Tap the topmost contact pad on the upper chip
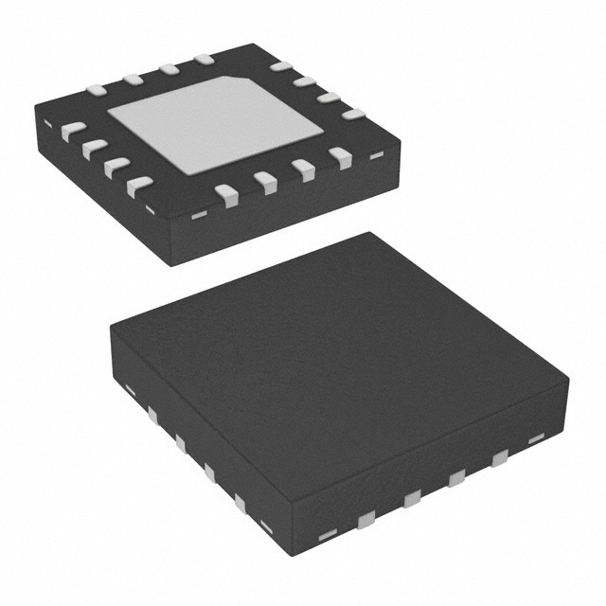[x=203, y=61]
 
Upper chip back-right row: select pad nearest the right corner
[x=352, y=115]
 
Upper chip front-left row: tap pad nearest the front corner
[x=140, y=185]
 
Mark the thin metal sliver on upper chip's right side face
[x=376, y=153]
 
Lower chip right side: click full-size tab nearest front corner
[x=365, y=517]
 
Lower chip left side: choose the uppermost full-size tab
[x=151, y=414]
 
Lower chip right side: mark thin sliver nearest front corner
[x=327, y=536]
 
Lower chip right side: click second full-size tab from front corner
[x=411, y=498]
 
